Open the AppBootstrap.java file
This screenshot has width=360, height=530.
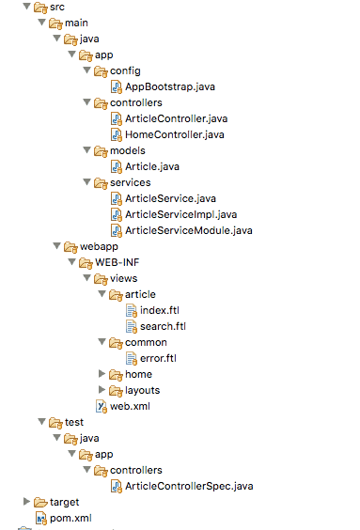[170, 86]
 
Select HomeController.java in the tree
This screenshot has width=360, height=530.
[174, 134]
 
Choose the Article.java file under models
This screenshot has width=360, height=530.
[152, 166]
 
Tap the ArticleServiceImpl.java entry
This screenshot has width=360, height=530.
[180, 214]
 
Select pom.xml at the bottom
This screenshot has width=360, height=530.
[71, 518]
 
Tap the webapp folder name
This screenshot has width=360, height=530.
[99, 246]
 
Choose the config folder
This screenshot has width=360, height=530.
[126, 70]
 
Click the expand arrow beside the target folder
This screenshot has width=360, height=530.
[26, 502]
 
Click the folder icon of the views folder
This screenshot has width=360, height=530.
[101, 278]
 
